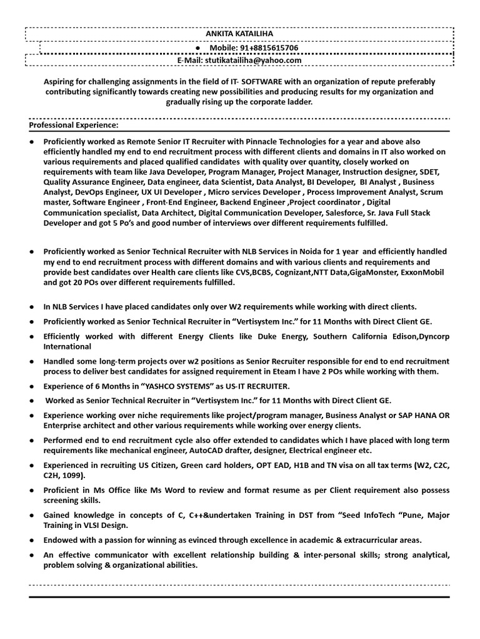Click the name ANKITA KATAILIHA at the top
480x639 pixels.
point(239,34)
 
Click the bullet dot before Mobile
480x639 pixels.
point(198,48)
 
